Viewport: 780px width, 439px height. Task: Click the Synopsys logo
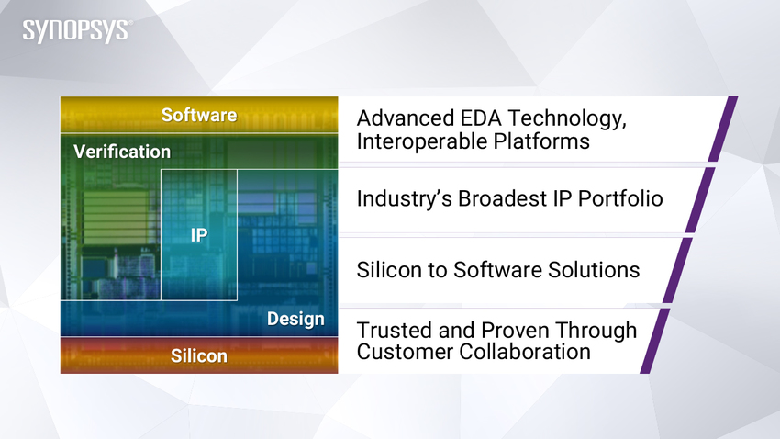(x=77, y=31)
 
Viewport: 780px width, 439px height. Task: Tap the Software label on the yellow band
(x=199, y=115)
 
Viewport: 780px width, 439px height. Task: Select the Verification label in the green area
(x=122, y=152)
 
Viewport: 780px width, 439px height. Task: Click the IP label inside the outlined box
(x=199, y=235)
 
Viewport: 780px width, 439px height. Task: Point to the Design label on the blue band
(x=295, y=319)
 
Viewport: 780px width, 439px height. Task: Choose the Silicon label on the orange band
(x=199, y=355)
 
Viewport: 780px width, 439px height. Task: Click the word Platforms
(x=541, y=141)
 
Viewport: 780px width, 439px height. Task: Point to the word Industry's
(x=405, y=198)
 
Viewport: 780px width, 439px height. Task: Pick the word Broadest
(x=503, y=198)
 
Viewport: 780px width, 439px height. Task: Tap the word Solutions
(x=594, y=270)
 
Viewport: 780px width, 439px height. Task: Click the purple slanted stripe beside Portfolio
(x=700, y=200)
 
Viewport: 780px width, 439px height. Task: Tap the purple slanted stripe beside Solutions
(x=677, y=270)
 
